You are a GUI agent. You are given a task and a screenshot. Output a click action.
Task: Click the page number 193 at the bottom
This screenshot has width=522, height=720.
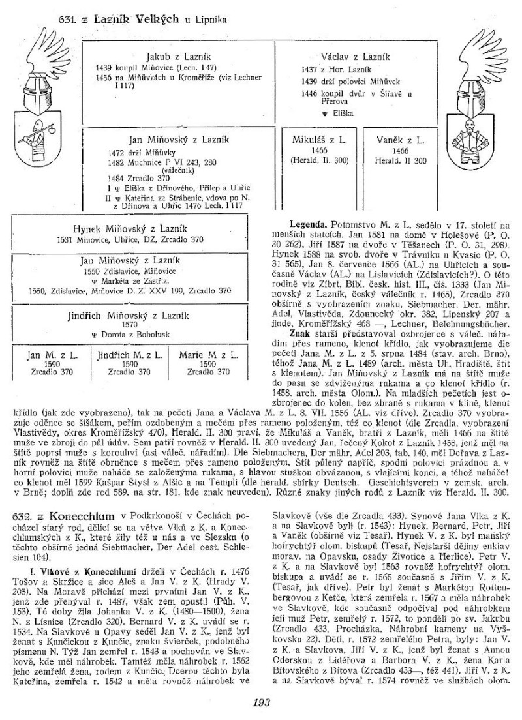(x=261, y=702)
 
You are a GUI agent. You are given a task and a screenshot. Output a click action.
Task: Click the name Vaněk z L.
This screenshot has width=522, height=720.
(x=401, y=140)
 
